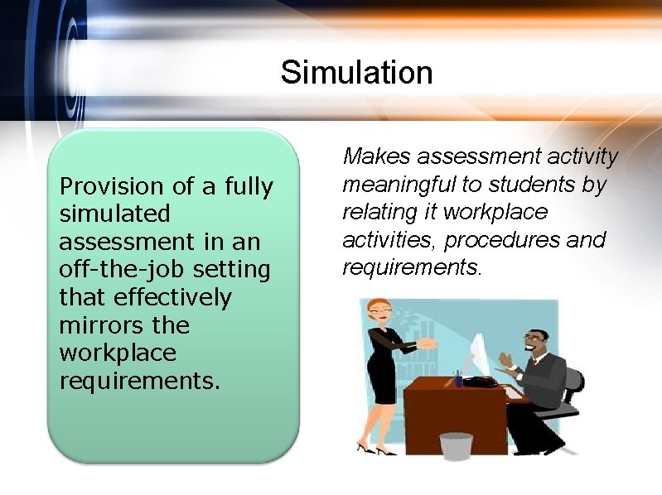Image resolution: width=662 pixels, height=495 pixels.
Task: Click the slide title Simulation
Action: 356,73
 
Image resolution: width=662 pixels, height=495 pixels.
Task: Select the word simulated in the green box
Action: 114,214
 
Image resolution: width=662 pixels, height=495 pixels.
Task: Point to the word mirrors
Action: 97,324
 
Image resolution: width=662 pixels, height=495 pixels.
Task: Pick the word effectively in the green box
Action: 172,297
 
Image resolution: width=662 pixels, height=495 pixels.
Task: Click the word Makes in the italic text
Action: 377,156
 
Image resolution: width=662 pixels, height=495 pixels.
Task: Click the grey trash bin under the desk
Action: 456,446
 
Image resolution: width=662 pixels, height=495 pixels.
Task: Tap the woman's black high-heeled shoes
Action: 375,448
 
